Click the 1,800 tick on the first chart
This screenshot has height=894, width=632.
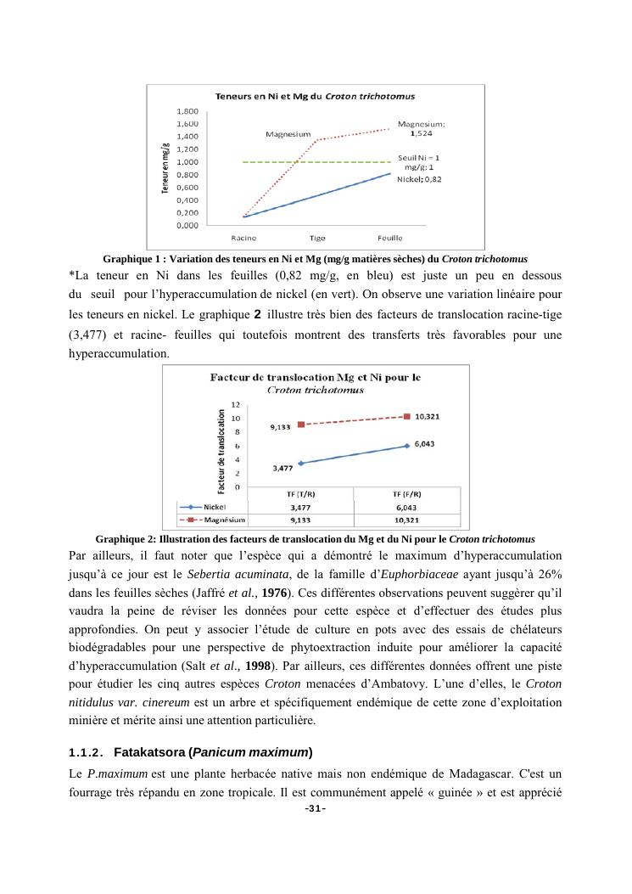tap(187, 111)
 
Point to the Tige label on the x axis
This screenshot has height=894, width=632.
tap(317, 239)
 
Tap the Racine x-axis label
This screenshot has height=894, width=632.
tap(244, 239)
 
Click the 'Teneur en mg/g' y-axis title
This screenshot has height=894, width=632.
tap(165, 167)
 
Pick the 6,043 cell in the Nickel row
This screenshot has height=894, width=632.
tap(407, 507)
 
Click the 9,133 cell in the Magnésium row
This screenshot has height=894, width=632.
tap(300, 519)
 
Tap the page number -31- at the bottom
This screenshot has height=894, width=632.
tap(315, 808)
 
